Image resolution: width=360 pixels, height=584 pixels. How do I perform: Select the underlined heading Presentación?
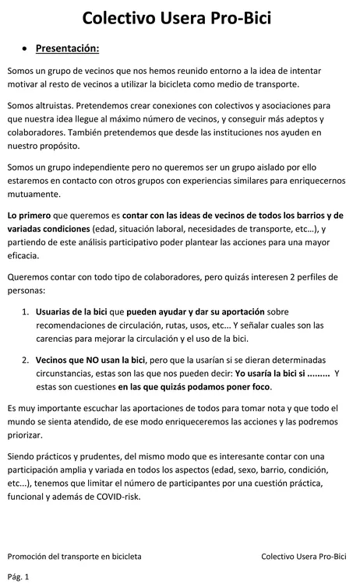pos(67,49)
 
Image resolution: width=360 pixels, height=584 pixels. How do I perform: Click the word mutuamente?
pos(34,195)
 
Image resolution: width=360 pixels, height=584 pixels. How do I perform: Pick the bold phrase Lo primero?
pos(28,215)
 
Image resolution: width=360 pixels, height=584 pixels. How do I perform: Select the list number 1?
pos(26,311)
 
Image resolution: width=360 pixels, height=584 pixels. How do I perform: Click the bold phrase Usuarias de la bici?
pos(71,311)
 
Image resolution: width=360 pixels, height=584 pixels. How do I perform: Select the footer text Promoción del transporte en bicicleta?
pos(75,557)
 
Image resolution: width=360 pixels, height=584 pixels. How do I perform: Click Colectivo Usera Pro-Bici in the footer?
pos(304,557)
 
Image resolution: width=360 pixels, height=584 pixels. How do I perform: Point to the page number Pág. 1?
pos(18,576)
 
